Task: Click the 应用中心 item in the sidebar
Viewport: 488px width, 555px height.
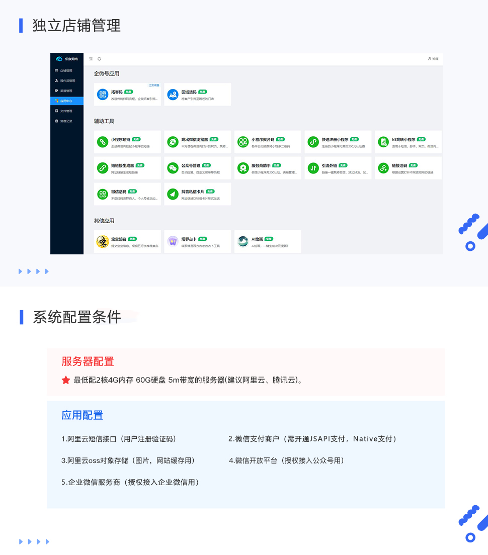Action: (x=66, y=101)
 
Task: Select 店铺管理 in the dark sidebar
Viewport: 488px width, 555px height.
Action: (x=66, y=70)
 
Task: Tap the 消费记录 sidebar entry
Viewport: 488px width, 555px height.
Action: (x=66, y=121)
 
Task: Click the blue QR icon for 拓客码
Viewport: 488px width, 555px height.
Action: (x=103, y=94)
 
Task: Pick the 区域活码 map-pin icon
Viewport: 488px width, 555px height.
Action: (x=173, y=94)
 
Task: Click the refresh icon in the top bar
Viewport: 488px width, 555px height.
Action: (x=100, y=59)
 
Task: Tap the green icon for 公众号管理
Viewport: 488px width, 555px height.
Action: (x=173, y=167)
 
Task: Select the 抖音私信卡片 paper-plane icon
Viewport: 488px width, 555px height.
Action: (x=173, y=194)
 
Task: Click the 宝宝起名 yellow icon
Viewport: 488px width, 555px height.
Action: (x=103, y=241)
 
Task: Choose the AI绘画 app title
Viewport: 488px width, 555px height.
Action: (x=257, y=239)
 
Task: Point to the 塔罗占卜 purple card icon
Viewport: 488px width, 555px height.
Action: (x=173, y=241)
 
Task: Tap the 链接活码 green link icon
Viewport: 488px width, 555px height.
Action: (x=383, y=167)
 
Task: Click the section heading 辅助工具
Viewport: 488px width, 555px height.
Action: (x=104, y=121)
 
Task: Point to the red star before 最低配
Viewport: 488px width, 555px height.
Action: (x=66, y=380)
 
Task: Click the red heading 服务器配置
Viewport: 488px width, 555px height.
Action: (x=88, y=361)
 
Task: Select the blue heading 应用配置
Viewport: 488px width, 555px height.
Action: (x=82, y=415)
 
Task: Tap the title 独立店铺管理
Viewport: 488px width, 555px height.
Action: (x=76, y=25)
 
